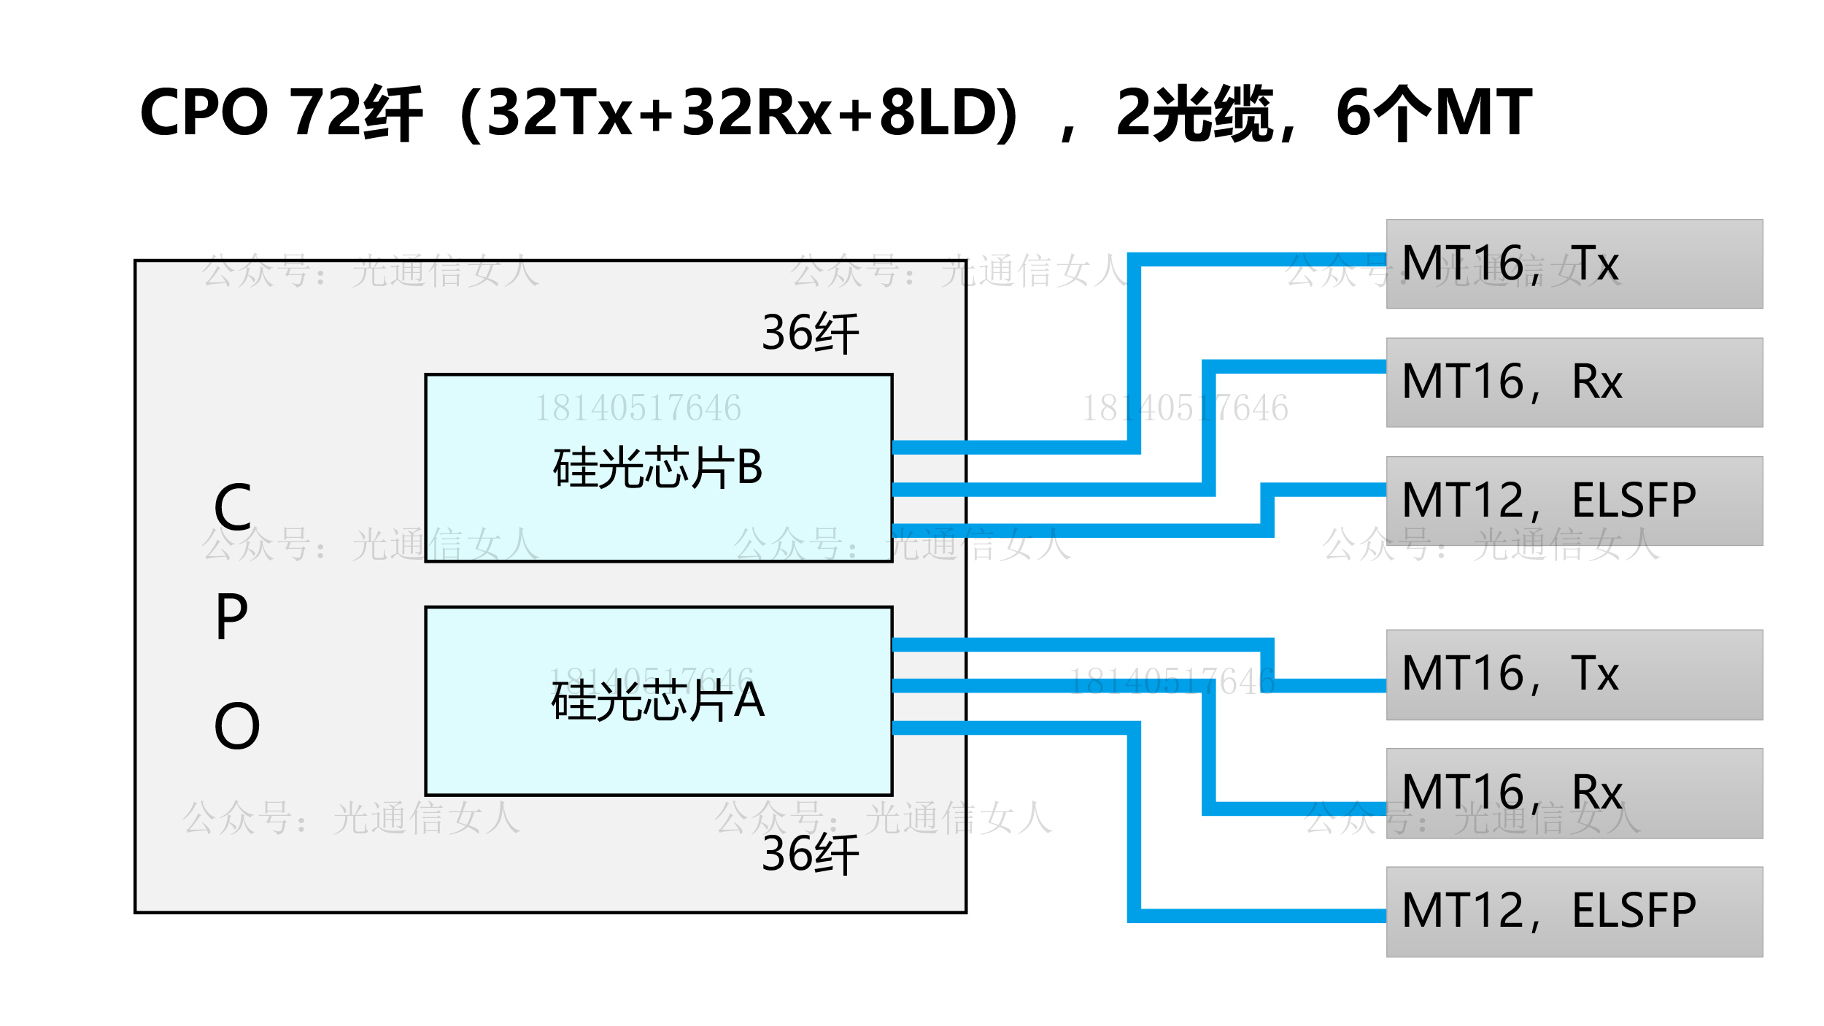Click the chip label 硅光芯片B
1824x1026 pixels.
coord(657,468)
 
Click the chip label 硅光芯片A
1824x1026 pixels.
coord(657,701)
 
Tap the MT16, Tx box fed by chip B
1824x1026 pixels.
coord(1574,264)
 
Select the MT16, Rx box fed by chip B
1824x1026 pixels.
coord(1574,382)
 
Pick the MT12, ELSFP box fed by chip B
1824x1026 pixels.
coord(1574,501)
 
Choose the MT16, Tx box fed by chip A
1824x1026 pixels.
coord(1574,675)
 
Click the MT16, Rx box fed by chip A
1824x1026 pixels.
coord(1574,793)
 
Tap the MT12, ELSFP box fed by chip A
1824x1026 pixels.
coord(1574,912)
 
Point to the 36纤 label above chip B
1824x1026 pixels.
coord(810,333)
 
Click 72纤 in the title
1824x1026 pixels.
coord(356,113)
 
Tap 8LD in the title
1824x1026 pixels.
coord(932,113)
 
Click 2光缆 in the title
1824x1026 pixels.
coord(1194,113)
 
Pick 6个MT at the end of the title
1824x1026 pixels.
coord(1433,113)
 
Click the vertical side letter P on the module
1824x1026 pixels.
coord(232,617)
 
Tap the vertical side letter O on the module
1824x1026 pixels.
coord(236,727)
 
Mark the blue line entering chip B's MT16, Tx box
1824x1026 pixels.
coord(1262,259)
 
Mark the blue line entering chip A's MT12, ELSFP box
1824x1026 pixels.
coord(1262,916)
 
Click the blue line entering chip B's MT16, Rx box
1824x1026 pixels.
coord(1299,366)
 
